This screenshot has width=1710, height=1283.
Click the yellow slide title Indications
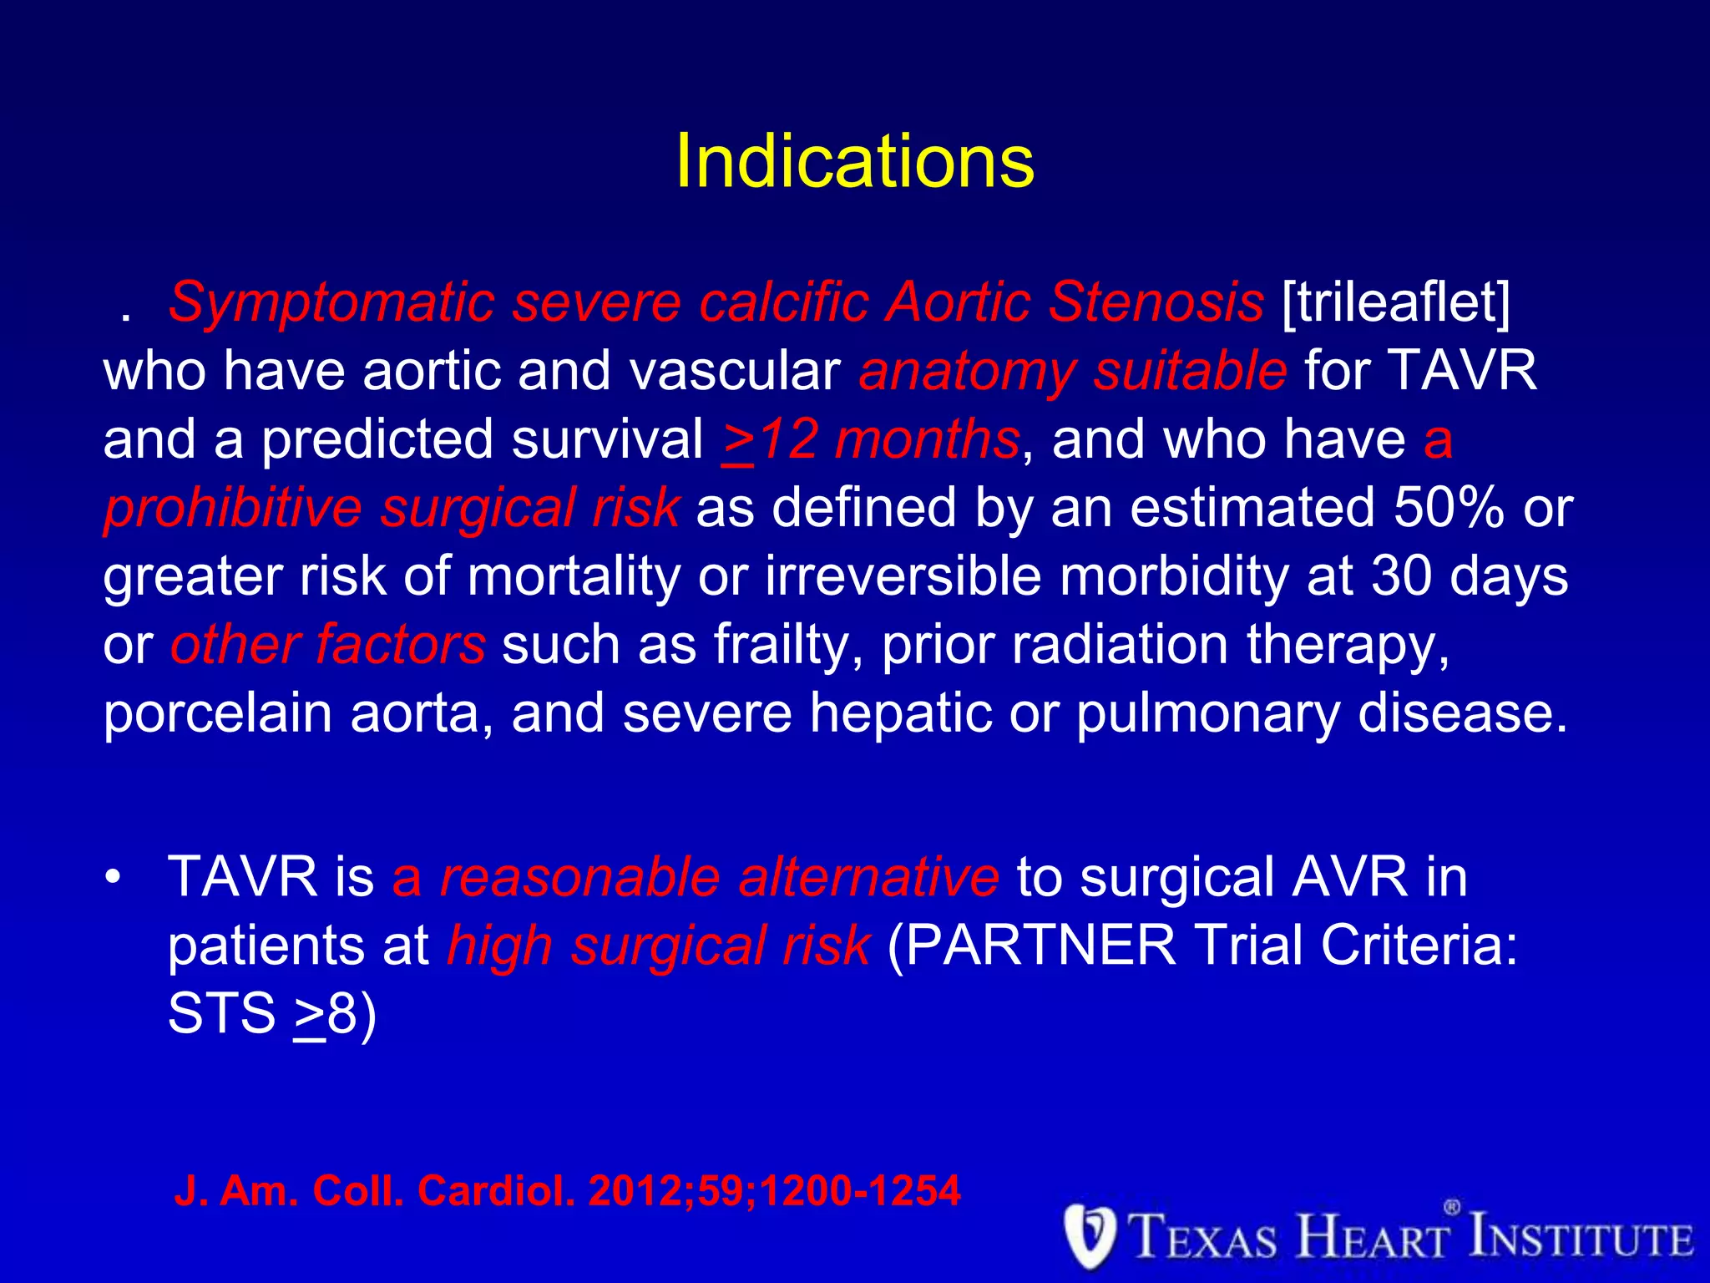pos(854,161)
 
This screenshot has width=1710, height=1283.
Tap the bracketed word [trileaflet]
pos(1396,302)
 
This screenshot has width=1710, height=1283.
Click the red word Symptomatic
pos(331,302)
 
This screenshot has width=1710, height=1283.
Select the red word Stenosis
pos(1156,302)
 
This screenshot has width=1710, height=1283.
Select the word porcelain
pos(217,713)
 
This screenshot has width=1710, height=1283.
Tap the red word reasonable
pos(579,877)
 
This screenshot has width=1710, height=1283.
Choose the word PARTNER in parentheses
pos(1040,946)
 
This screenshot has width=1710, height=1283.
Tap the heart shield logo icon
pos(1090,1236)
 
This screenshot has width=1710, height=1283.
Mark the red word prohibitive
pos(232,508)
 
